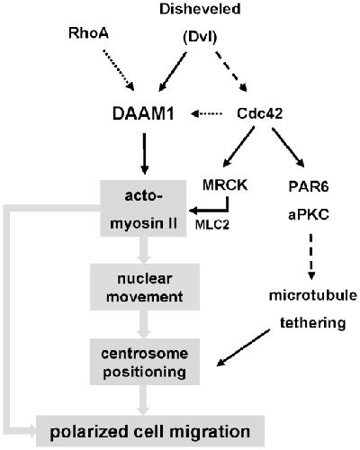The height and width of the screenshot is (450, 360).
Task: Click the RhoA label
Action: coord(88,33)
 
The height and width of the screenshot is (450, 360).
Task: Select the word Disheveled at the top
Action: coord(200,9)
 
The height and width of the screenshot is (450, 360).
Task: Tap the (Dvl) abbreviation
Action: coord(200,38)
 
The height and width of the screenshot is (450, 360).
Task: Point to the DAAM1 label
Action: coord(143,114)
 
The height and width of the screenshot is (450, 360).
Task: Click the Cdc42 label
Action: coord(260,113)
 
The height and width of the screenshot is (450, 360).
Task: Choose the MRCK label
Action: coord(225,185)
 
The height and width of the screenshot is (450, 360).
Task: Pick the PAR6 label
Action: coord(309,186)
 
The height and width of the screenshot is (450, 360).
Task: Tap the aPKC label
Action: coord(309,215)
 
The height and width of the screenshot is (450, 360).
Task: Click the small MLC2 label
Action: coord(212,225)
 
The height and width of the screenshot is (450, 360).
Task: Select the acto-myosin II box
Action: coord(143,209)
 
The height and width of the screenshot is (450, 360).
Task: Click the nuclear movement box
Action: coord(145,287)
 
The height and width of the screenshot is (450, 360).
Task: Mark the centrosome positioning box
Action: coord(145,362)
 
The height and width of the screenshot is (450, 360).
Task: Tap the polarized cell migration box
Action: coord(150,432)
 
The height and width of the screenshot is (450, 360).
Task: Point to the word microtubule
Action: coord(313,295)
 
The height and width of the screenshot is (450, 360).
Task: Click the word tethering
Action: coord(313,323)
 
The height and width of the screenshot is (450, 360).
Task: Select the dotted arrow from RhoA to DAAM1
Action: coord(119,70)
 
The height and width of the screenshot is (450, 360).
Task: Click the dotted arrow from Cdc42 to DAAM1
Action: coord(206,113)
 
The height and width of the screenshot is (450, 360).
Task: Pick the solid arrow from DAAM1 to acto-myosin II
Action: coord(145,154)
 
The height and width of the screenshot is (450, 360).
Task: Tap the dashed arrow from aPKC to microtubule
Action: coord(311,256)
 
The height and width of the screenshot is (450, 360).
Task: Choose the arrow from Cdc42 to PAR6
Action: coord(288,148)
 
